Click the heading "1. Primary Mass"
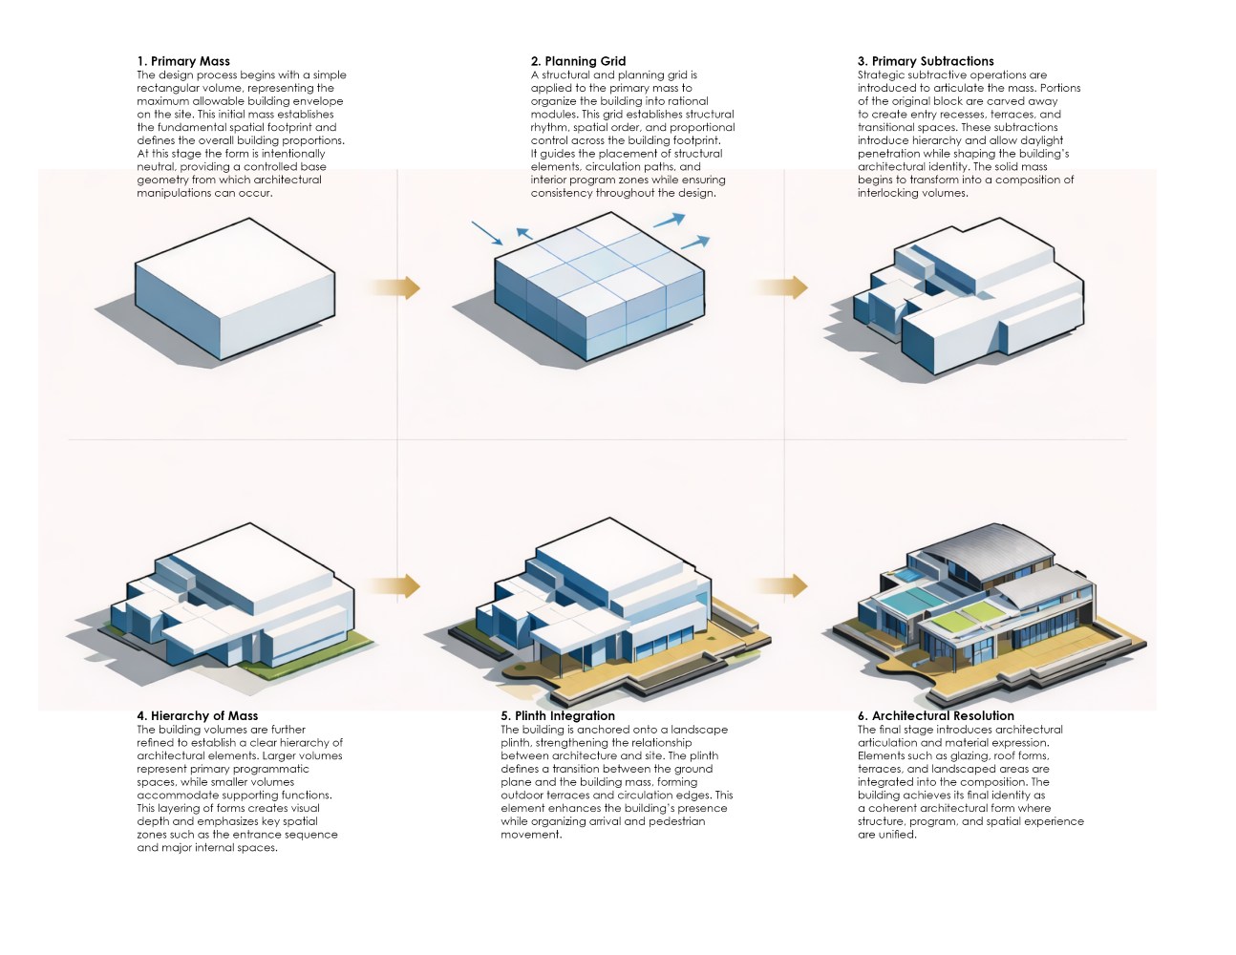pyautogui.click(x=183, y=61)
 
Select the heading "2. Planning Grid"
pyautogui.click(x=578, y=61)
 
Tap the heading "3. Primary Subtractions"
pyautogui.click(x=925, y=61)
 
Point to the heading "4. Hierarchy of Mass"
pyautogui.click(x=197, y=715)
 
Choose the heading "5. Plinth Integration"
pyautogui.click(x=558, y=715)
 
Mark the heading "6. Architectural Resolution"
pyautogui.click(x=935, y=715)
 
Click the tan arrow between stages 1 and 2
pyautogui.click(x=395, y=287)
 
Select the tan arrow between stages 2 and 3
pyautogui.click(x=780, y=287)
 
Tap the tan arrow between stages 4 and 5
pyautogui.click(x=395, y=585)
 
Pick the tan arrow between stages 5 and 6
pyautogui.click(x=780, y=585)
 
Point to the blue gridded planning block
pyautogui.click(x=600, y=286)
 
